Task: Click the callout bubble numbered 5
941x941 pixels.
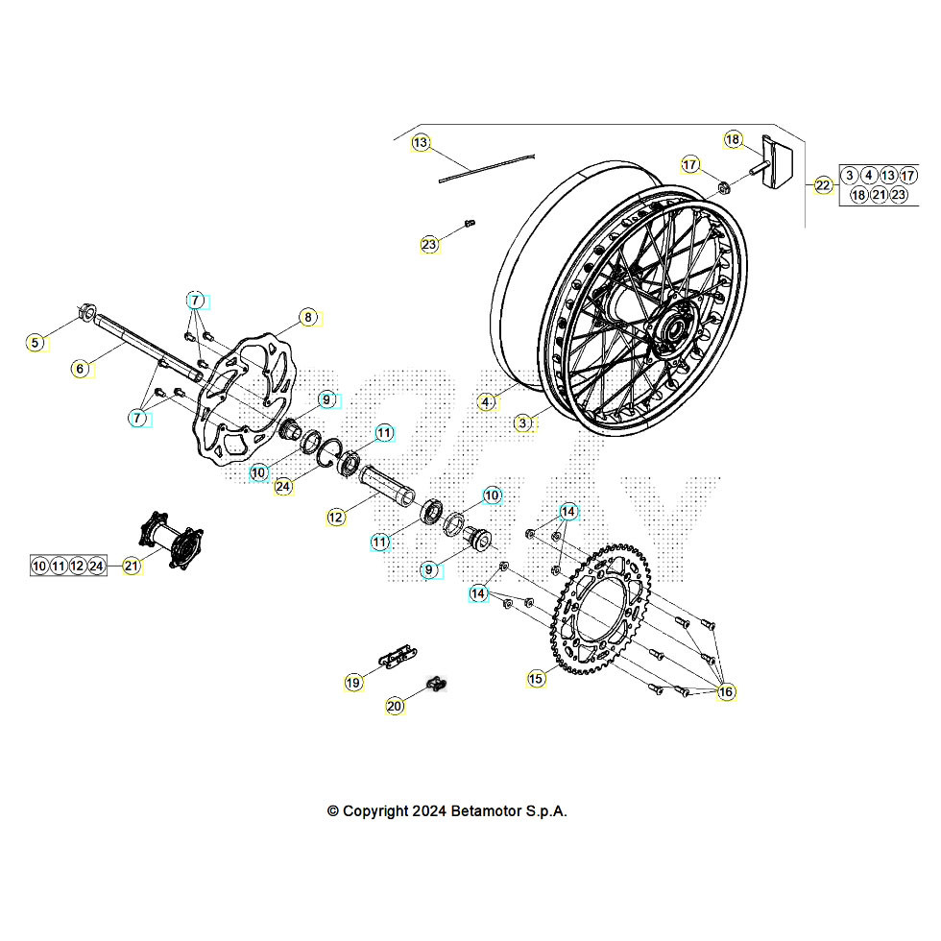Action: [36, 342]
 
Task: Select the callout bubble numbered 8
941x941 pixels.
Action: [307, 317]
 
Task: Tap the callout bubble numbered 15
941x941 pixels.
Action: [536, 678]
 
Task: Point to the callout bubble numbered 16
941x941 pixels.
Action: [725, 691]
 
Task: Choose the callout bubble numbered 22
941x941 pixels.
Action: [823, 185]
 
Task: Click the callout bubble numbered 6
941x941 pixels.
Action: [81, 368]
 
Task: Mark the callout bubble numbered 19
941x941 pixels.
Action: [353, 682]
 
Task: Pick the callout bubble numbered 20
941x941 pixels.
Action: [395, 706]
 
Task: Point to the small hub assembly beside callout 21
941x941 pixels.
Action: [173, 545]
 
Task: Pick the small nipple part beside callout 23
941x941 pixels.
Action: [470, 224]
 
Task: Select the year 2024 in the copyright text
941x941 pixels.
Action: [428, 810]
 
